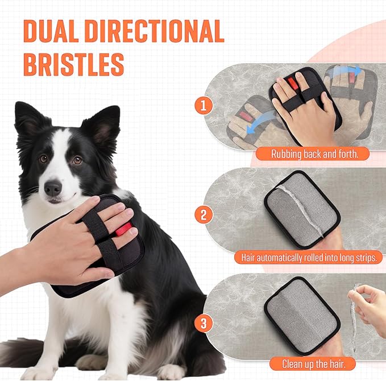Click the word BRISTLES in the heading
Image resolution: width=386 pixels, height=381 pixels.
coord(73,64)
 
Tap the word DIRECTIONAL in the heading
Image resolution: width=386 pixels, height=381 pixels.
coord(162,31)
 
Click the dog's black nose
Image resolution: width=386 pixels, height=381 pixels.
coord(53,187)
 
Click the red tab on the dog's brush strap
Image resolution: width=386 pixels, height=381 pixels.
coord(124,230)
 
